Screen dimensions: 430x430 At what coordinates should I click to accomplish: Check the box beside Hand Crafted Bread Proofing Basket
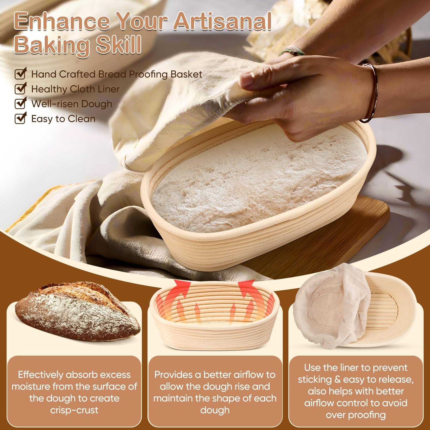[20, 74]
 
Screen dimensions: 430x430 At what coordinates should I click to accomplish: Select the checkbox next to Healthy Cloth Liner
[20, 89]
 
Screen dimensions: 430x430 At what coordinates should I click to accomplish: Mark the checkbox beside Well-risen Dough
[20, 104]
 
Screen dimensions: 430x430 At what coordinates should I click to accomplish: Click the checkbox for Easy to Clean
[20, 119]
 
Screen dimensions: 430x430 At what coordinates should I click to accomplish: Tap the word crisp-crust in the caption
[74, 410]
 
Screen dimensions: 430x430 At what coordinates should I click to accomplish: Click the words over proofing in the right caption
[355, 415]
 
